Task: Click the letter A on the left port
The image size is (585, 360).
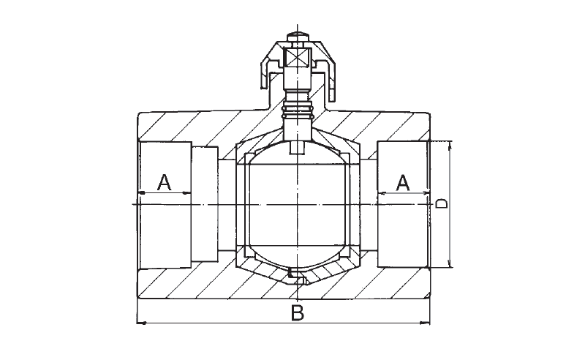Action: click(164, 182)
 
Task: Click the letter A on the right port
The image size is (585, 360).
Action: click(403, 183)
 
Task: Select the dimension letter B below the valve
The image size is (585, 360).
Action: click(298, 313)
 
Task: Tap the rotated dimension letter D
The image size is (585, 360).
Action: click(442, 203)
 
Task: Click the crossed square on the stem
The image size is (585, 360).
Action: click(298, 59)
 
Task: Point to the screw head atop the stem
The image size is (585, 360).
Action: click(298, 38)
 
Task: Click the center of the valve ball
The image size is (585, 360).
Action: click(298, 204)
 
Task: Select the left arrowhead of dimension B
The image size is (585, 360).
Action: click(141, 323)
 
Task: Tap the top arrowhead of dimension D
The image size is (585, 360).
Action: click(450, 145)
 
